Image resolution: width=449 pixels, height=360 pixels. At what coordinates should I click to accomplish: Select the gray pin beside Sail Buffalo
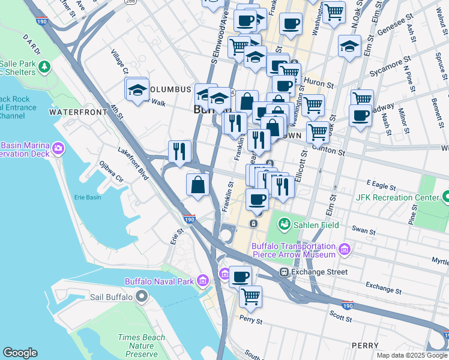pos(142,296)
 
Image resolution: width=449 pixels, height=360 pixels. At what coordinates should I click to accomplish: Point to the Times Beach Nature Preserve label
pos(141,346)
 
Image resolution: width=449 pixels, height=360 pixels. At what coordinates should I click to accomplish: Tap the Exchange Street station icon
pos(285,272)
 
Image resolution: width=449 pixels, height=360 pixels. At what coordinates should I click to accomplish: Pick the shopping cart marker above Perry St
pos(250,296)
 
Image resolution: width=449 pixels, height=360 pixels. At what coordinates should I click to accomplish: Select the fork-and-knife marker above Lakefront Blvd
pos(179,152)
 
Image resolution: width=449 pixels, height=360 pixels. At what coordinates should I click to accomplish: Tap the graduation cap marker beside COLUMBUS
pos(137,89)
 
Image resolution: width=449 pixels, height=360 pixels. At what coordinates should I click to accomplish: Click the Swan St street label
pos(364,230)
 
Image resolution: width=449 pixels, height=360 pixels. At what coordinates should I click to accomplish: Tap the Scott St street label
pos(340,313)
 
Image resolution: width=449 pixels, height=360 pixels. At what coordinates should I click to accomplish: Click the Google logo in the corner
pos(20,353)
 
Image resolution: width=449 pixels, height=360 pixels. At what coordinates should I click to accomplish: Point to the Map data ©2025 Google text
pos(412,355)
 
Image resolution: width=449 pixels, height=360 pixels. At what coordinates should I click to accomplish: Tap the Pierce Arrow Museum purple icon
pos(344,250)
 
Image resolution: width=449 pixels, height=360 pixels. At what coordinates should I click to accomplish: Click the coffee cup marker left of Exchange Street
pos(240,277)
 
